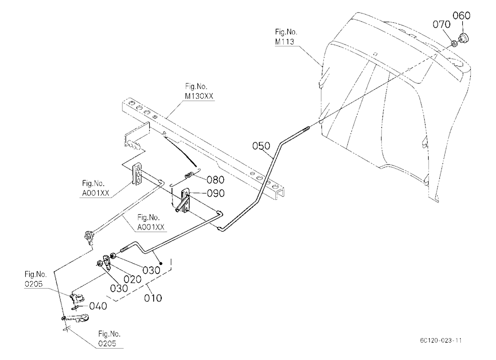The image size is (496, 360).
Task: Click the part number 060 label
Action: [461, 15]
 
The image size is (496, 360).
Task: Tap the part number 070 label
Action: [441, 24]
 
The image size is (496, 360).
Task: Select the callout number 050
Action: [261, 146]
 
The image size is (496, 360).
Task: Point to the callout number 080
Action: [215, 180]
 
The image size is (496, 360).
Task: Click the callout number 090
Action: [215, 193]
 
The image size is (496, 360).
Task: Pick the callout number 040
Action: [98, 306]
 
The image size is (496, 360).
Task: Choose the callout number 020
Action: [132, 279]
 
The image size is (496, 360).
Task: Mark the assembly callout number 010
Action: [153, 298]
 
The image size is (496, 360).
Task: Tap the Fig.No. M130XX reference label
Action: [199, 91]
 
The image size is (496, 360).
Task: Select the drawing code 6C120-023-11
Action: [440, 340]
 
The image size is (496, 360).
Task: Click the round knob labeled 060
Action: [464, 38]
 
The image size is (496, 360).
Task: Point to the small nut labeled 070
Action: [453, 42]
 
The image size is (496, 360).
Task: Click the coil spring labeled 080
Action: [189, 175]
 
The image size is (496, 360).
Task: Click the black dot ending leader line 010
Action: [161, 263]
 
